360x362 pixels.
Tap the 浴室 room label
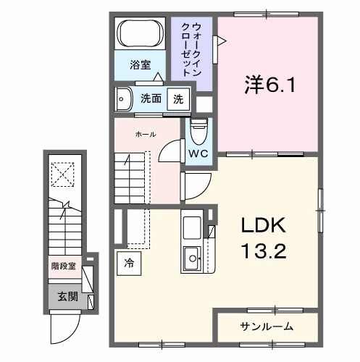(x=140, y=65)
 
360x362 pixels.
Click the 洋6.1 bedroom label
(x=269, y=85)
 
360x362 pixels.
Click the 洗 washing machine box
(x=176, y=98)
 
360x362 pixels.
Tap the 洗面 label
(x=150, y=98)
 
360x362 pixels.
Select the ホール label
(x=145, y=135)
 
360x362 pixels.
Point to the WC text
(x=198, y=154)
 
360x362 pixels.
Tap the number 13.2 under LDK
(x=264, y=251)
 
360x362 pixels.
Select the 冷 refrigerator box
(x=128, y=262)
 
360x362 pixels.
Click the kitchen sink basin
(x=193, y=255)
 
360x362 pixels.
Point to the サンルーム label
(x=267, y=327)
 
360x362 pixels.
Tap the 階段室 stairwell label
(x=63, y=265)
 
